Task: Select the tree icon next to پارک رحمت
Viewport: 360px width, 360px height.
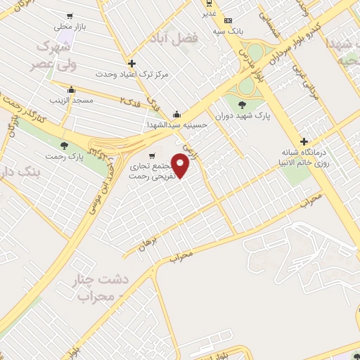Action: click(65, 146)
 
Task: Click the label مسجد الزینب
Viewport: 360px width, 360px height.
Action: click(71, 101)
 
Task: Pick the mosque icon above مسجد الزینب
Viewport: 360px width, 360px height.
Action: click(71, 90)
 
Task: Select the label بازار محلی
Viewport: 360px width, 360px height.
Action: click(69, 26)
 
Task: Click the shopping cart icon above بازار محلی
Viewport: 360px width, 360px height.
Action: click(69, 15)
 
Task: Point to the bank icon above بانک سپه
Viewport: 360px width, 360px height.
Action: click(227, 20)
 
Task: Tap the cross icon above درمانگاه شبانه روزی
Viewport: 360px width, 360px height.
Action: click(304, 141)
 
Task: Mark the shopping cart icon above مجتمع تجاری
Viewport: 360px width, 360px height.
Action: click(151, 156)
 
